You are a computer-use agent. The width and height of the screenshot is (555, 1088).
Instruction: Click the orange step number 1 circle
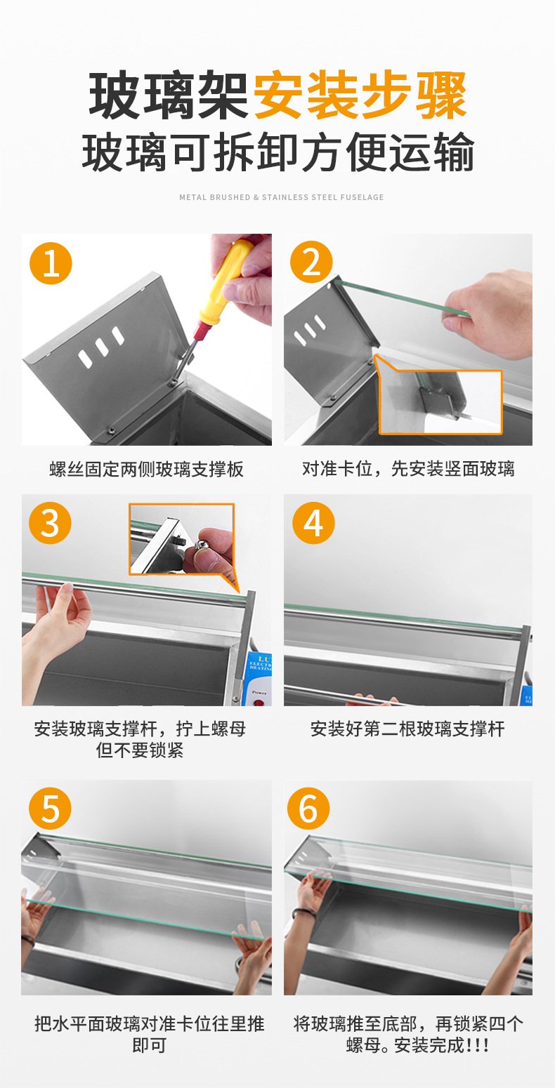click(x=51, y=263)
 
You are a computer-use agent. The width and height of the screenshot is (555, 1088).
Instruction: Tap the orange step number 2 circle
click(x=311, y=262)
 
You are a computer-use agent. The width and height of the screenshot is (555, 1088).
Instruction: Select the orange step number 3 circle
click(x=50, y=524)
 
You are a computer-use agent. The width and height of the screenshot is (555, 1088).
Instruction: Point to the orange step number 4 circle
click(x=313, y=523)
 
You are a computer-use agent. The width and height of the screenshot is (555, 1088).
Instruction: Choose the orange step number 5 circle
click(x=50, y=809)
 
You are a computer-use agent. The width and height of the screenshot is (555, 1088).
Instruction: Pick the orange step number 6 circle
click(x=308, y=808)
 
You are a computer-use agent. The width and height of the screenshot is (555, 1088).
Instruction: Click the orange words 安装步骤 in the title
click(x=360, y=95)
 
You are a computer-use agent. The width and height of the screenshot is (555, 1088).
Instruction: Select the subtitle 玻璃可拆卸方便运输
click(x=278, y=152)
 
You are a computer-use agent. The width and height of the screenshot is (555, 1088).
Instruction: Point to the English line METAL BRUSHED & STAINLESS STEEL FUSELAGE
click(x=282, y=197)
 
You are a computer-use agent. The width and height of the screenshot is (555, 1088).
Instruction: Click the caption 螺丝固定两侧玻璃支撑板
click(x=146, y=469)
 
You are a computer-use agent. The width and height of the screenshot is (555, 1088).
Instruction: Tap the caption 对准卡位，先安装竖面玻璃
click(x=408, y=469)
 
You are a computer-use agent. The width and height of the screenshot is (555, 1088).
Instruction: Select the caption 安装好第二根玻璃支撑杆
click(x=407, y=729)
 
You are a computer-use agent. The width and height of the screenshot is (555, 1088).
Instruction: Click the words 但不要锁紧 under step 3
click(x=140, y=750)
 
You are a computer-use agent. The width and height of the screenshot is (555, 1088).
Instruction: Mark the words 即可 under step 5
click(x=149, y=1044)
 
